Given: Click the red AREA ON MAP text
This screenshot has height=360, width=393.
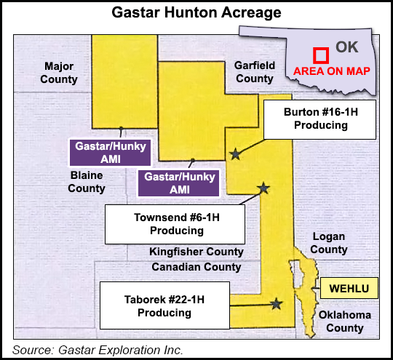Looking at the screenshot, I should pyautogui.click(x=331, y=71).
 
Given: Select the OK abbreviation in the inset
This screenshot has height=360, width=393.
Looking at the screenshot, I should pyautogui.click(x=347, y=47).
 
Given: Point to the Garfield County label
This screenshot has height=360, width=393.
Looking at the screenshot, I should pyautogui.click(x=254, y=72).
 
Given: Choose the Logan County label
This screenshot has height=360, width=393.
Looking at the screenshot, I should pyautogui.click(x=329, y=243).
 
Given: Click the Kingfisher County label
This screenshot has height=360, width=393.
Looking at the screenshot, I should pyautogui.click(x=196, y=252).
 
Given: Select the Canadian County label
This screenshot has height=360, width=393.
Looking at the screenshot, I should pyautogui.click(x=196, y=267).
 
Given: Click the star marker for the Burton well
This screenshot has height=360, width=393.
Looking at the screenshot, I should pyautogui.click(x=235, y=154).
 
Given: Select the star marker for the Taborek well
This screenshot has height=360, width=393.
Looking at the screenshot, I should pyautogui.click(x=276, y=304).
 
